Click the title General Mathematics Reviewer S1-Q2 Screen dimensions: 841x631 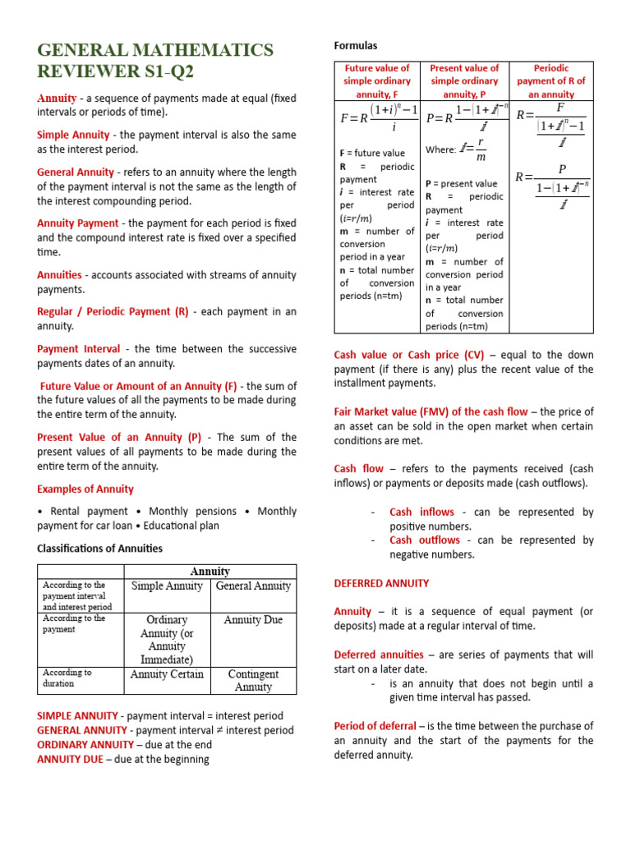tap(155, 61)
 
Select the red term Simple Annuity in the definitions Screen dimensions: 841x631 tap(73, 135)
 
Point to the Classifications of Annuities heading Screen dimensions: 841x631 tap(100, 548)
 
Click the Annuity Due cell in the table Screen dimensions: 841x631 tap(253, 620)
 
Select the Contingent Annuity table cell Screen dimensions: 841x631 tap(253, 680)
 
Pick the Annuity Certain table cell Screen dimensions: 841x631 tap(167, 674)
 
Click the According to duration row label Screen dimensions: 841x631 tap(67, 678)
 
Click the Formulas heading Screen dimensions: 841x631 tap(355, 45)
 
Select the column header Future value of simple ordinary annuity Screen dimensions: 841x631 tap(377, 80)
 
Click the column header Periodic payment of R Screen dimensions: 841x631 tap(550, 80)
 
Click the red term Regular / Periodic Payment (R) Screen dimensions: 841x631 tap(113, 311)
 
